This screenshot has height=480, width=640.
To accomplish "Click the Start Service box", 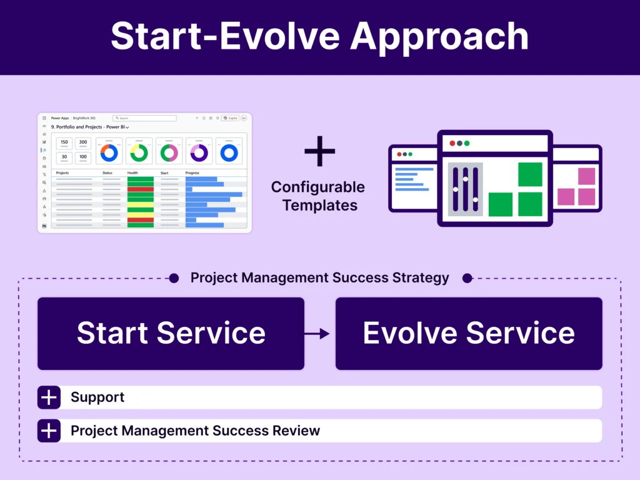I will pos(171,333).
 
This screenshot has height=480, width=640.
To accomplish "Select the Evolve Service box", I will pos(469,333).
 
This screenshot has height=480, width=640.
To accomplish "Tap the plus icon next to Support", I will pos(49,397).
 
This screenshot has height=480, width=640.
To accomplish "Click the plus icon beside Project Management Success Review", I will pos(49,431).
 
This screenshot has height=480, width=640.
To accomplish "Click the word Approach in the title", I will pos(439,37).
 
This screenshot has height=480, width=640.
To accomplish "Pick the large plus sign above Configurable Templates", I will pos(319,151).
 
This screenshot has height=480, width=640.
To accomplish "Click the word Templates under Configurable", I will pos(319,205).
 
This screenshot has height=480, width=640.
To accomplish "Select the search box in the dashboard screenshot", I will pos(144,117).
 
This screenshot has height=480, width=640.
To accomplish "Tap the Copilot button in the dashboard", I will pos(230,117).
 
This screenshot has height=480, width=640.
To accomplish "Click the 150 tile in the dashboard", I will pos(64,142).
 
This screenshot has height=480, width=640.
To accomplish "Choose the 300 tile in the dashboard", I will pos(83,142).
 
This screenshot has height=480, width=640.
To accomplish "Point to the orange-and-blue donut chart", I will pos(109,152).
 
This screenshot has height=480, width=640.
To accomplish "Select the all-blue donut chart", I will pos(229,152).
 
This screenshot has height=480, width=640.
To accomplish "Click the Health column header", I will pos(132,172).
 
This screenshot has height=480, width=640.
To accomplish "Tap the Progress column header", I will pos(192,172).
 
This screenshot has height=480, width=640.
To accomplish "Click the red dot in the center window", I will pos(452,143).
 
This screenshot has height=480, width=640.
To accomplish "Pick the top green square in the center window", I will pos(530,174).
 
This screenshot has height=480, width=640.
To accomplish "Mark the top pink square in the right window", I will pos(586,176).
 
